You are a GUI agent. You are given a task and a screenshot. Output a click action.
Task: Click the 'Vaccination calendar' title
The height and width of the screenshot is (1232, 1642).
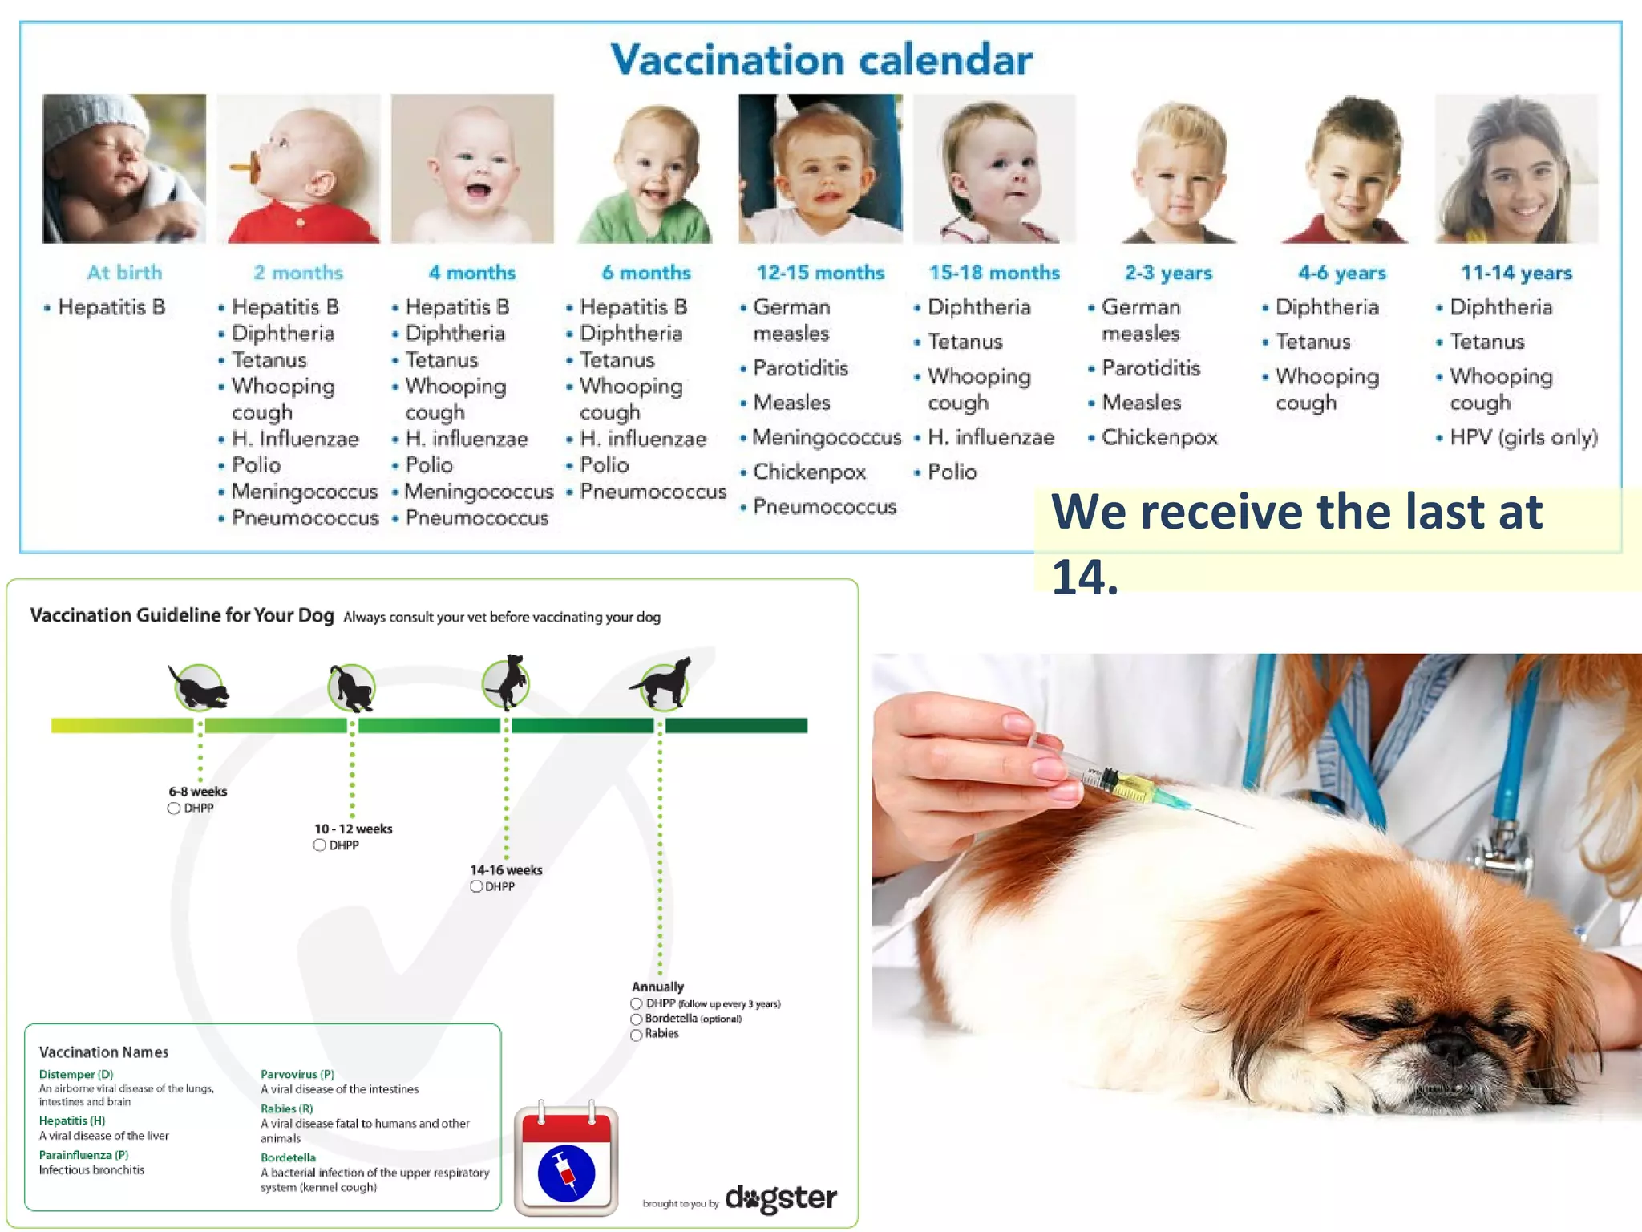coord(821,60)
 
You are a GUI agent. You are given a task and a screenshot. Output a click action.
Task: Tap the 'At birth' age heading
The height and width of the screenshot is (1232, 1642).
coord(124,273)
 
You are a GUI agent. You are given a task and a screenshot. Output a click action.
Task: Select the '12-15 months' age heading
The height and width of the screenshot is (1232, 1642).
coord(820,273)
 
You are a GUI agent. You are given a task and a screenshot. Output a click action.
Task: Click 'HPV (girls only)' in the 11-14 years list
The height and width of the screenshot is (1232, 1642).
coord(1523,437)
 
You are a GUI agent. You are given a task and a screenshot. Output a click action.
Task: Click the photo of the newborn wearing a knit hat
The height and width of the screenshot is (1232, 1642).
coord(124,168)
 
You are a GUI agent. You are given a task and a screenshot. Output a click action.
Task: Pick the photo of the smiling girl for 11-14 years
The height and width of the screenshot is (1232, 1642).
coord(1515,168)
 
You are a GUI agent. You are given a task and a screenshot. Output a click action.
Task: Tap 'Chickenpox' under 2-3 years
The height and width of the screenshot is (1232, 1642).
coord(1159,437)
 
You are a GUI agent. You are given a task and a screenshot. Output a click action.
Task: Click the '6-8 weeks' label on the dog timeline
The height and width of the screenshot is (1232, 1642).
coord(198,792)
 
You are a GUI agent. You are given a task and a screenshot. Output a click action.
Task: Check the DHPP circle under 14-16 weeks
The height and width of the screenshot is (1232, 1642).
coord(476,886)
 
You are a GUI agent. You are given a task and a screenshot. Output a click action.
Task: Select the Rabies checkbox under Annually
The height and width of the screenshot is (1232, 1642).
coord(637,1035)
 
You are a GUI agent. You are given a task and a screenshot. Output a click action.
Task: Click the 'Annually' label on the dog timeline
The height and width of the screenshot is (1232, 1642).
coord(657,987)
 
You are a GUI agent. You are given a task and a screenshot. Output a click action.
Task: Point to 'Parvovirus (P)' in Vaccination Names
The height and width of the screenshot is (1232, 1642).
coord(297,1074)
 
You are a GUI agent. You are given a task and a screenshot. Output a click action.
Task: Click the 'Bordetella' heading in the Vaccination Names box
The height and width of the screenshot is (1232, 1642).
coord(288,1157)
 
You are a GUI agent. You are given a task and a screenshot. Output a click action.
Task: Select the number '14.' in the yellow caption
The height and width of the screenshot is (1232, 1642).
coord(1084,577)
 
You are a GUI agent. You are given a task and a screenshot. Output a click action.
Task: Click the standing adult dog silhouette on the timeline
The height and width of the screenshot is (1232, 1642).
coord(662,683)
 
